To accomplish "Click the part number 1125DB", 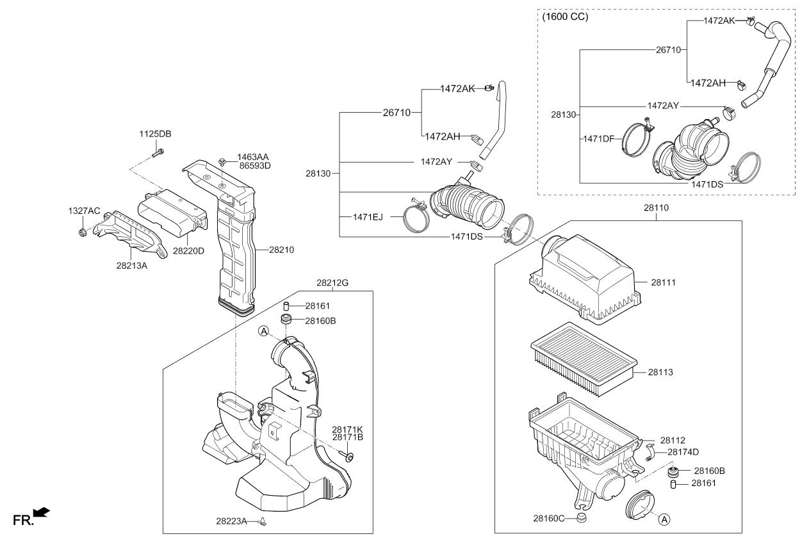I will [156, 134].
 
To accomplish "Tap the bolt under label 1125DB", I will [158, 153].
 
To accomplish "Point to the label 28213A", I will [131, 265].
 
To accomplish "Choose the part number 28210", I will [281, 250].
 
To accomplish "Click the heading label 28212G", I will [332, 282].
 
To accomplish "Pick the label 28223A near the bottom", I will [231, 522].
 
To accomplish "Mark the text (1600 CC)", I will [564, 17].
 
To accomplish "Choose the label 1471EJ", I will [368, 217].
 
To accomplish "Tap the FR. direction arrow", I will [40, 512].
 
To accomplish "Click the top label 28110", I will [656, 209].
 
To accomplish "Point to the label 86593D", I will [254, 166].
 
